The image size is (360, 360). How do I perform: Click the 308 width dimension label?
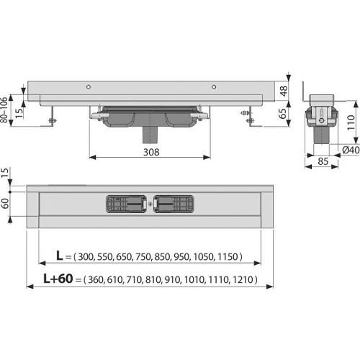click(x=151, y=152)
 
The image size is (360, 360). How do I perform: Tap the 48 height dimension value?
click(x=284, y=91)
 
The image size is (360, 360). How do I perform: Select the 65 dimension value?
click(x=283, y=114)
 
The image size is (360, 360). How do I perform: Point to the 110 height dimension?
click(x=351, y=122)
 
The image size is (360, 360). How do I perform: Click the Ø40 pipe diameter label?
click(x=351, y=150)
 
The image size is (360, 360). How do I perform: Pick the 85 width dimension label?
click(x=323, y=161)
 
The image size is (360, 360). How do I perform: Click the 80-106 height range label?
click(x=4, y=110)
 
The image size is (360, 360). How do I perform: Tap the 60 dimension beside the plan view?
click(x=5, y=204)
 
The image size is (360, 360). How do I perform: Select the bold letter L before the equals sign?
click(x=59, y=256)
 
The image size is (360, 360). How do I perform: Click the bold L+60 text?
click(x=58, y=279)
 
